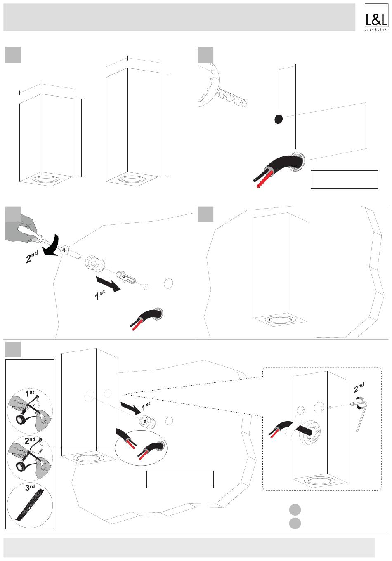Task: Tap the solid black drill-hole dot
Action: tap(279, 119)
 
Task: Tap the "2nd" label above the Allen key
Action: tap(359, 387)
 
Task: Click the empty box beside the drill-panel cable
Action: tap(344, 179)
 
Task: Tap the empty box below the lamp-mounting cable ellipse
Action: tap(180, 479)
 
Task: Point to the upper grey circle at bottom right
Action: tap(295, 509)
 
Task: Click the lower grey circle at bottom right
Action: tap(295, 523)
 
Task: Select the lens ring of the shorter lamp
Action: tap(46, 179)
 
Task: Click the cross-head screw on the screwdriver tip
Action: tap(65, 250)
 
